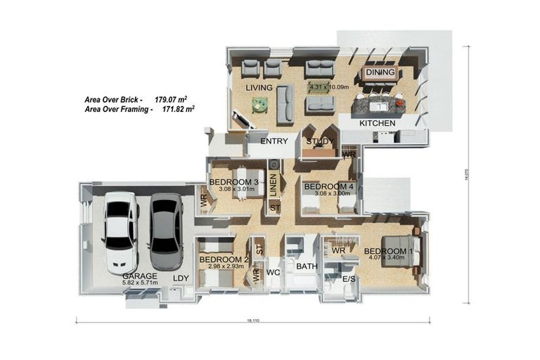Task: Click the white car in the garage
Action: pos(120,232)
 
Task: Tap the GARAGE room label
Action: pos(139,276)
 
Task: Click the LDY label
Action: pos(181,278)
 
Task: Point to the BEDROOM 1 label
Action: pos(386,252)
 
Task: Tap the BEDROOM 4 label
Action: pos(328,186)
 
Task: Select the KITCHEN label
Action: pos(378,123)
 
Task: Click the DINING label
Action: pos(380,72)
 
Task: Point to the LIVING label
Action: pos(259,88)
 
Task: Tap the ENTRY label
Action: pos(274,141)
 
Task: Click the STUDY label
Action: pos(319,141)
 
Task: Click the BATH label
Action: pos(307,266)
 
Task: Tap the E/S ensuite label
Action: pos(348,279)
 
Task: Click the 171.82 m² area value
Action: pos(178,110)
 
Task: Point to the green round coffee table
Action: pos(260,105)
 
